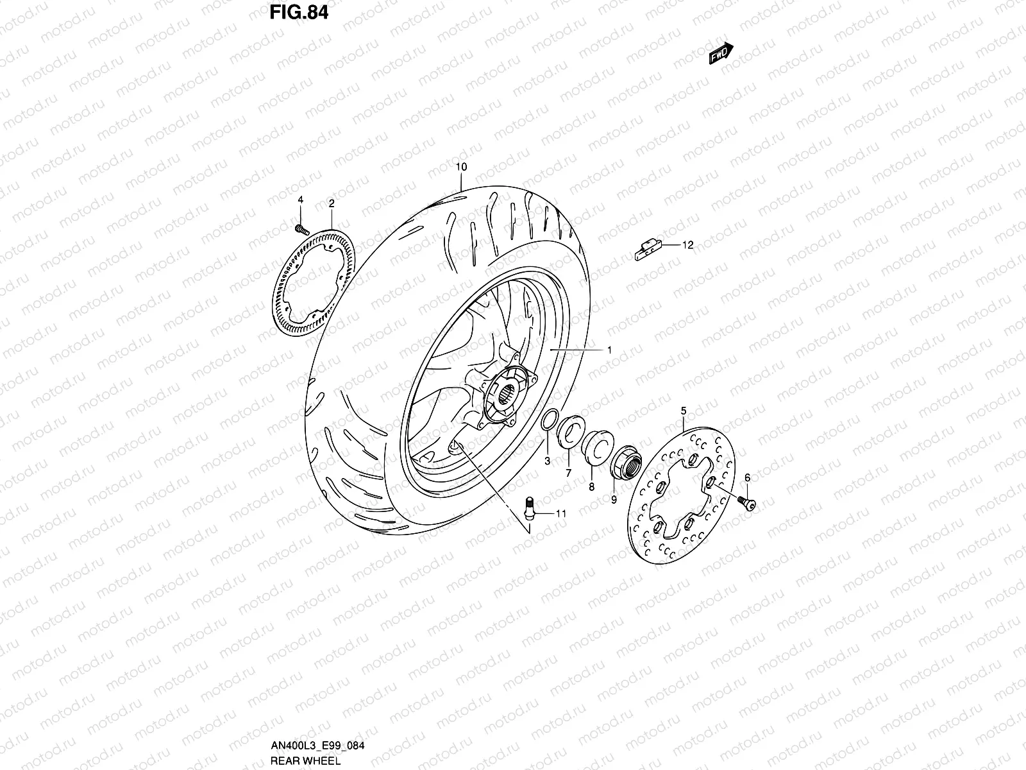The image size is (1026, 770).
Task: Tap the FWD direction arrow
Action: pos(721,55)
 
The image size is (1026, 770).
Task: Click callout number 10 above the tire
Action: pos(461,167)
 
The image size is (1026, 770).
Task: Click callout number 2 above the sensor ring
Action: pos(331,203)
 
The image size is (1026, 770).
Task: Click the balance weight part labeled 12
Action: pos(648,250)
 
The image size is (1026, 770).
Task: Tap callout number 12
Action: pos(687,245)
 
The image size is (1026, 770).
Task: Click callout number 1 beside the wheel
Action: pos(609,350)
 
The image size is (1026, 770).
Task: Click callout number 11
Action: pos(561,513)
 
